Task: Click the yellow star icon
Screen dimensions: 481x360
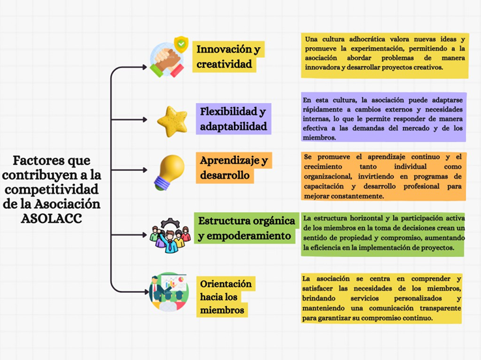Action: [173, 121]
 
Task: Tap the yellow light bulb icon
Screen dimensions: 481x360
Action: [169, 172]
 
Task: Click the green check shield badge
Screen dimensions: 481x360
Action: [181, 44]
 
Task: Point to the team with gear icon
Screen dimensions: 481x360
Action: [170, 235]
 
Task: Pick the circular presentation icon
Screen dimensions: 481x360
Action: [169, 292]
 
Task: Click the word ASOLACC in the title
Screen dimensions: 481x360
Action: [51, 218]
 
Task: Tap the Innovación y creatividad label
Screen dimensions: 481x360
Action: [229, 57]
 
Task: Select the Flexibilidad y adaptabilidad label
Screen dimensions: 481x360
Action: [233, 119]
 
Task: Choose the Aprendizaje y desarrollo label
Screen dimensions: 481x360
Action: [234, 168]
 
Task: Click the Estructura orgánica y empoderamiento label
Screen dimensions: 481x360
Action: [246, 228]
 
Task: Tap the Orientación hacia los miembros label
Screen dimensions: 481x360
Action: [226, 297]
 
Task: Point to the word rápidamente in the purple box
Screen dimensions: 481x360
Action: [323, 110]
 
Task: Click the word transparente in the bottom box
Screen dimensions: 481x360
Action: [440, 308]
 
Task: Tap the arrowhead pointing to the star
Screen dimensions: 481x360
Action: [145, 119]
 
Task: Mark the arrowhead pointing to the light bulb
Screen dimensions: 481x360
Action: [145, 170]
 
